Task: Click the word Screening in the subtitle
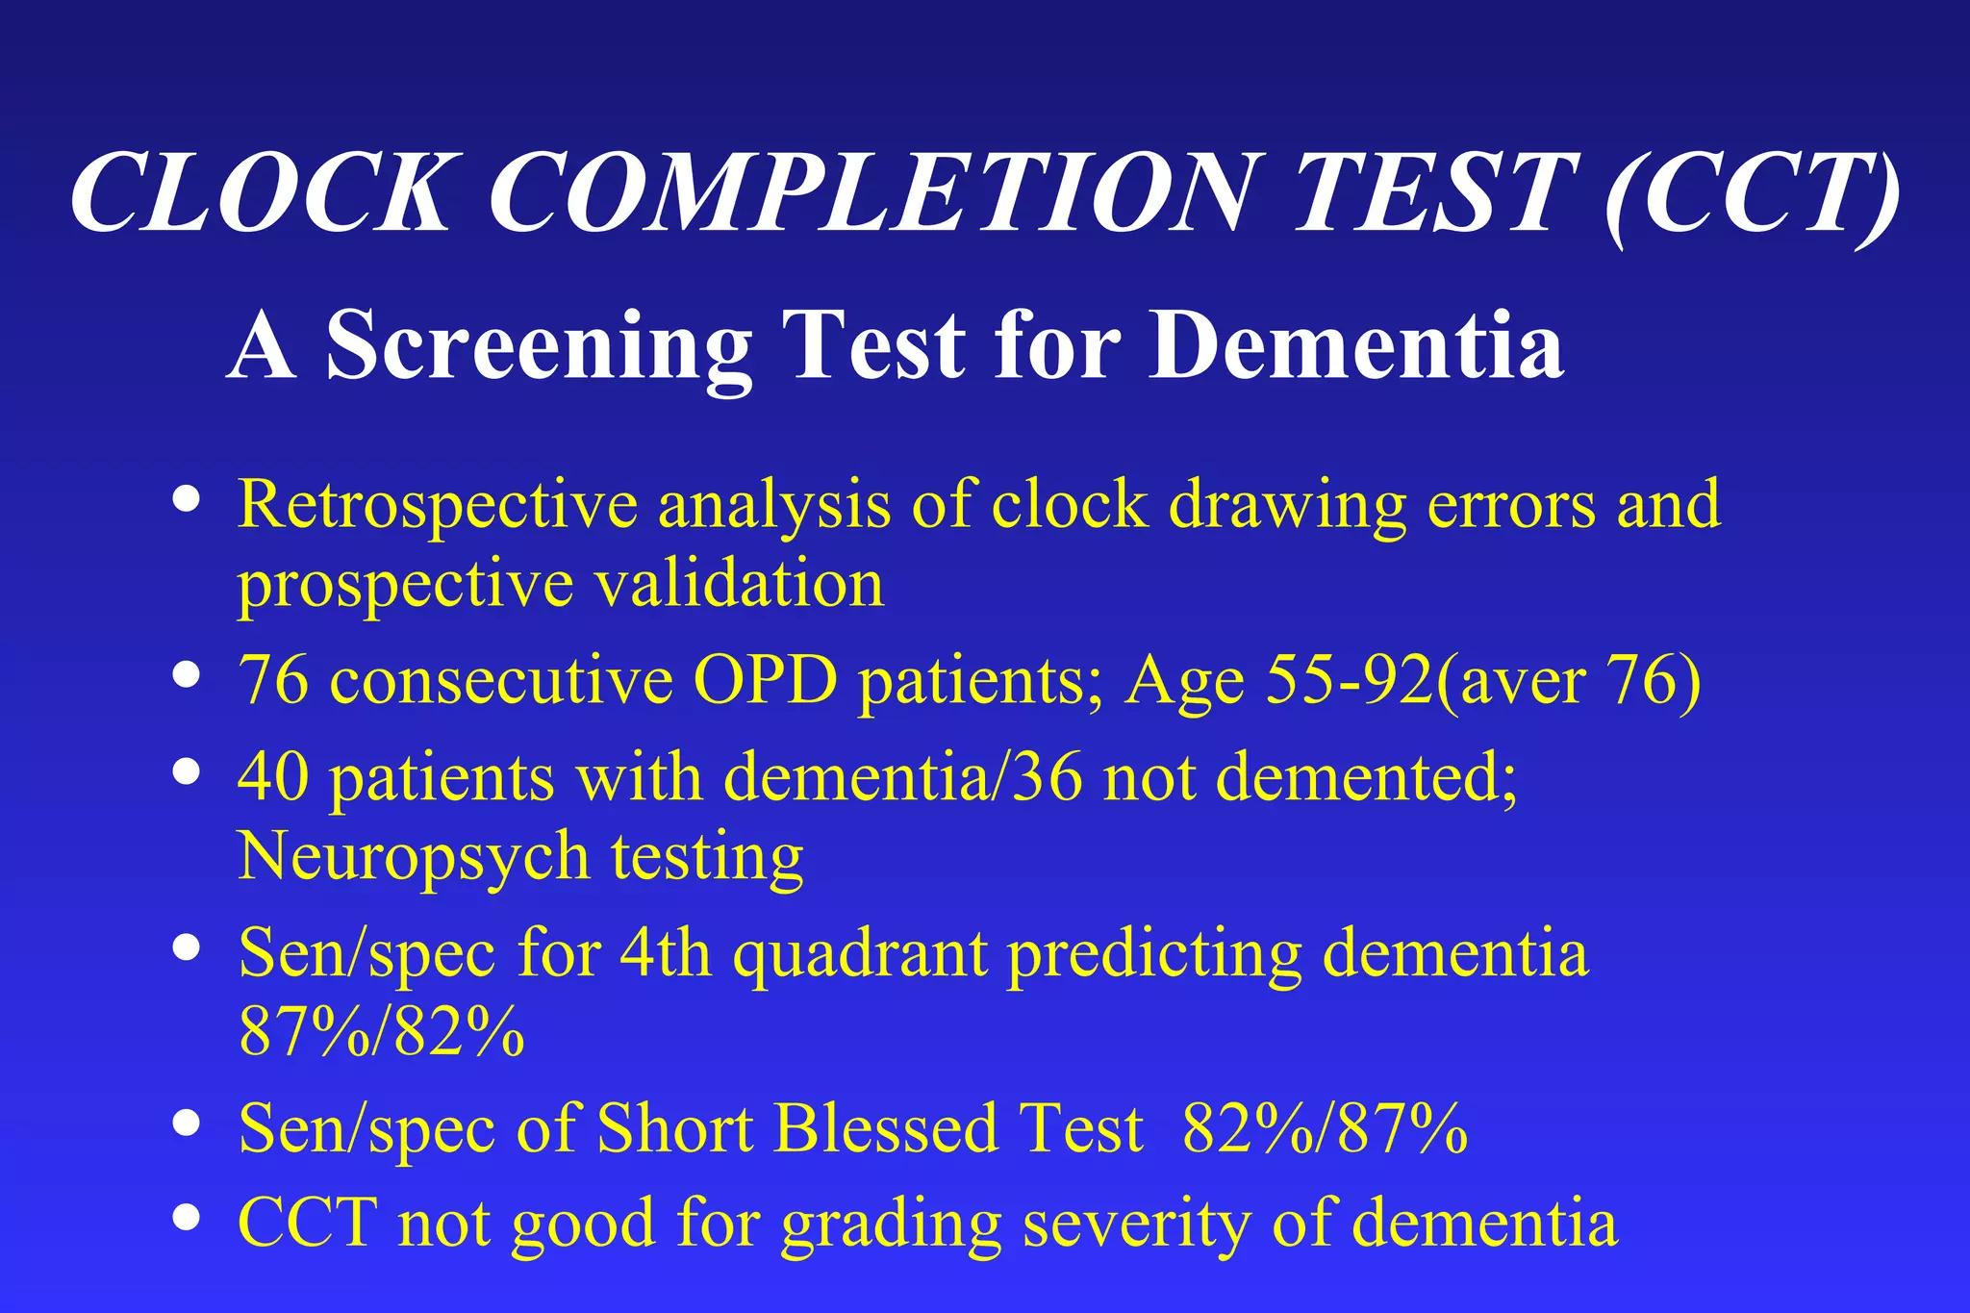[539, 346]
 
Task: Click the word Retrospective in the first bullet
[438, 505]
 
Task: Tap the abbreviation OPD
[765, 680]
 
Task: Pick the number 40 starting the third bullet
[273, 776]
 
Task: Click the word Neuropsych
[413, 856]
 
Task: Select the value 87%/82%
[381, 1032]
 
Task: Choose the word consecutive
[501, 680]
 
